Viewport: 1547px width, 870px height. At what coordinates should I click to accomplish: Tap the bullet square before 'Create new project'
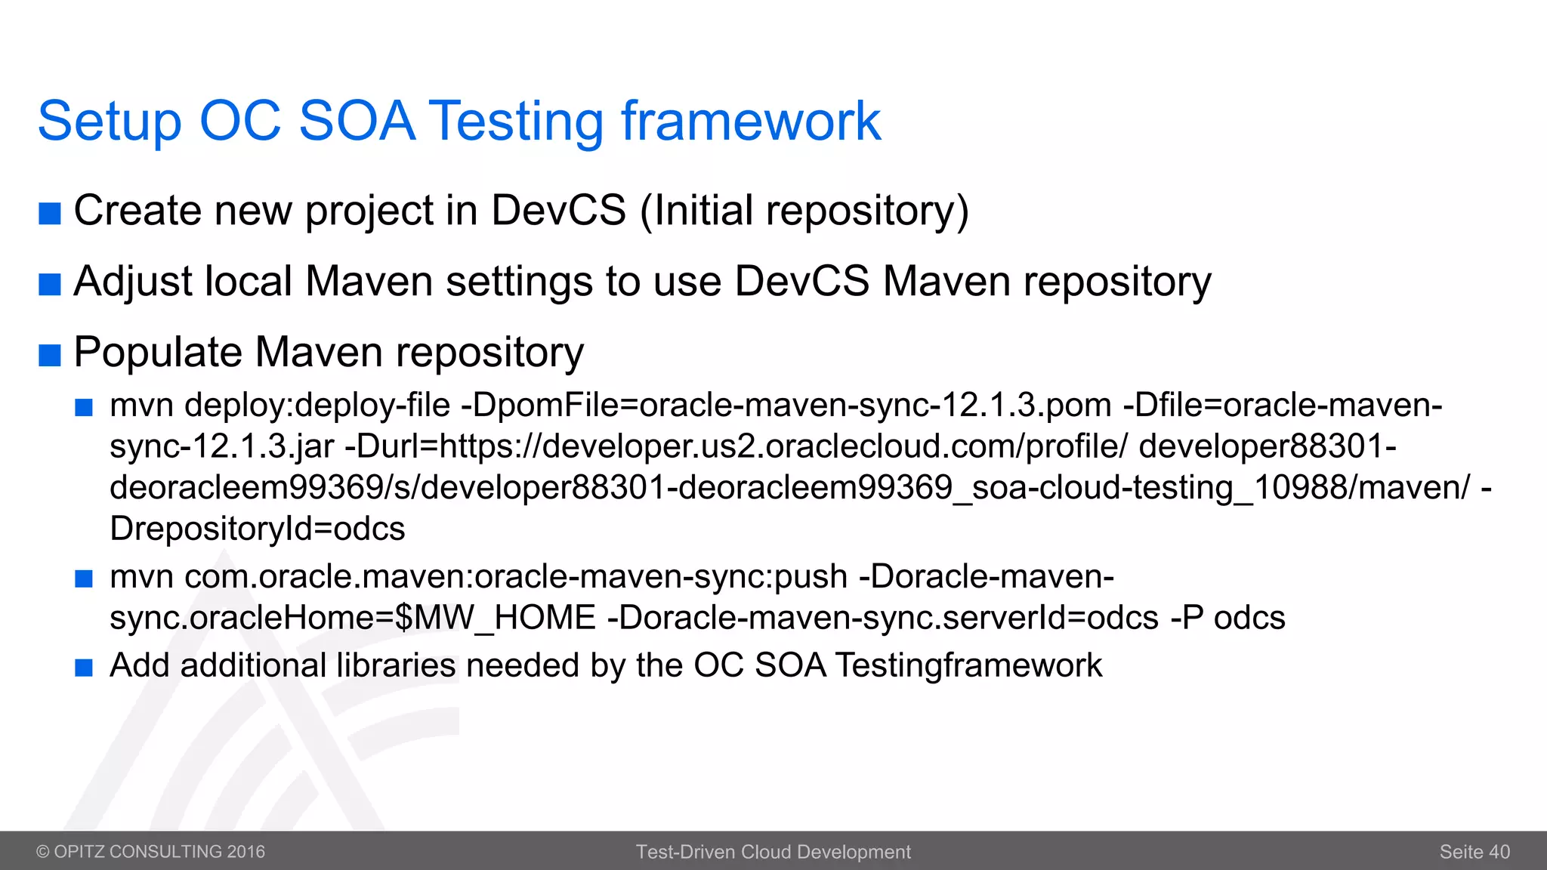pyautogui.click(x=50, y=214)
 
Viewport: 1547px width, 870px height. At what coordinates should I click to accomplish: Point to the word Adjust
pyautogui.click(x=131, y=282)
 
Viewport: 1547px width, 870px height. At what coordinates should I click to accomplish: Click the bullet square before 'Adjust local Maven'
pyautogui.click(x=50, y=285)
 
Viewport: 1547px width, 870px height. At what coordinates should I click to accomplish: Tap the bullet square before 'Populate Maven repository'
pyautogui.click(x=50, y=355)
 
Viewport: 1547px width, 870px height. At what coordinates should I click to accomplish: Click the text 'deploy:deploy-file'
pyautogui.click(x=317, y=406)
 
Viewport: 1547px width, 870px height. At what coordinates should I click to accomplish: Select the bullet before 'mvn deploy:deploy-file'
pyautogui.click(x=84, y=409)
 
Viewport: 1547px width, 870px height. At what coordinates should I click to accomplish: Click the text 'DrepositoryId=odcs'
pyautogui.click(x=258, y=529)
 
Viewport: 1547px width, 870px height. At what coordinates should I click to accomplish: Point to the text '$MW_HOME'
pyautogui.click(x=496, y=618)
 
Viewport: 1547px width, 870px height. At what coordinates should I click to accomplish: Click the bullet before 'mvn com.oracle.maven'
pyautogui.click(x=84, y=579)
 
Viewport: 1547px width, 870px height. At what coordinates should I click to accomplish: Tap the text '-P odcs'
pyautogui.click(x=1227, y=618)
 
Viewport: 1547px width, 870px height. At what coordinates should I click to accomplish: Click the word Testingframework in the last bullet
pyautogui.click(x=968, y=665)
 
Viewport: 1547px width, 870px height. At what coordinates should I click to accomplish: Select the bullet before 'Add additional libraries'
pyautogui.click(x=84, y=668)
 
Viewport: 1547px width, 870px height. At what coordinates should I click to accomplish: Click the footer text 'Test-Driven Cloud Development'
pyautogui.click(x=773, y=852)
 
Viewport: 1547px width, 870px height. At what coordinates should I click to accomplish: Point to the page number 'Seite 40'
pyautogui.click(x=1474, y=852)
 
